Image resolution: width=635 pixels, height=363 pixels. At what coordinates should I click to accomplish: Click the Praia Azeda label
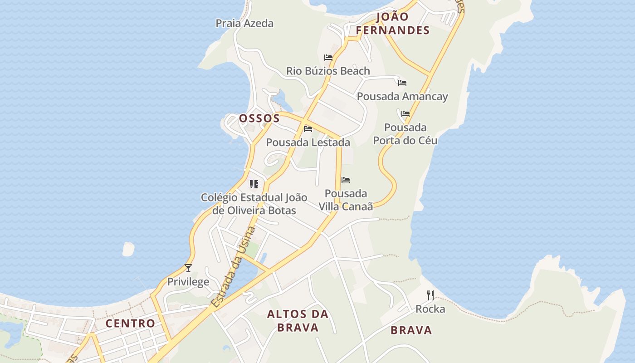coord(244,23)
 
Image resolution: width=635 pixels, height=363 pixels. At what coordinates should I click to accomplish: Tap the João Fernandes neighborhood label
coord(392,24)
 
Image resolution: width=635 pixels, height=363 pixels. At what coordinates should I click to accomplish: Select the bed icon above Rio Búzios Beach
coord(328,58)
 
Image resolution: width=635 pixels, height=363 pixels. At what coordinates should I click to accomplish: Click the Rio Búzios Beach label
coord(328,71)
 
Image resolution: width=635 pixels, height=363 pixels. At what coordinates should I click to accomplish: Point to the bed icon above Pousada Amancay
coord(402,83)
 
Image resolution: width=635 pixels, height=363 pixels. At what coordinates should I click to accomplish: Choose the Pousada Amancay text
coord(402,97)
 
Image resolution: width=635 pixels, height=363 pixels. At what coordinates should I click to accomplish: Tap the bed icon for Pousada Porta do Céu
coord(405,114)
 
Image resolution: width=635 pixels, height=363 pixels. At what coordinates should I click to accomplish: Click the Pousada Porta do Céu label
coord(405,134)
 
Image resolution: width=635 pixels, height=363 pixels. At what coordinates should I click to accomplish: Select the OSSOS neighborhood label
coord(259,119)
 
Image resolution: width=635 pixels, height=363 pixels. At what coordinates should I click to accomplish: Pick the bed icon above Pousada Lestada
coord(308,129)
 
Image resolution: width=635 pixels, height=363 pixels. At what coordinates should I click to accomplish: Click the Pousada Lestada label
coord(308,142)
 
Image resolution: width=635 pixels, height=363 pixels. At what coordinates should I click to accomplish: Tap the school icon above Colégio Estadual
coord(254,184)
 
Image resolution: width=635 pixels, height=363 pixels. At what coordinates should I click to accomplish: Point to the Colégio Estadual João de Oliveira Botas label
coord(254,204)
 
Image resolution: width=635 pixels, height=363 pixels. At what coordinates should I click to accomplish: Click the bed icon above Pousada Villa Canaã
coord(346,180)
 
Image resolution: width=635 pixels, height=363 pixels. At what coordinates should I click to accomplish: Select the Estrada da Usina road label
coord(234,268)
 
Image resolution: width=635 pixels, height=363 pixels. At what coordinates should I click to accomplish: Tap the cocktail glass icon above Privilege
coord(188,268)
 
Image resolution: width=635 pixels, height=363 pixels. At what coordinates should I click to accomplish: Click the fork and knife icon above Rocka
coord(430,295)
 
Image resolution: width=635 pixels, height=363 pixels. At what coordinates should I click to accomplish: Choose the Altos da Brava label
coord(298,320)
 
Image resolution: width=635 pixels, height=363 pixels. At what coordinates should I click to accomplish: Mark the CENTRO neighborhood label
coord(130,324)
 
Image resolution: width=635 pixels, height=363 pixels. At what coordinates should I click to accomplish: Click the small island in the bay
coord(128,249)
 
